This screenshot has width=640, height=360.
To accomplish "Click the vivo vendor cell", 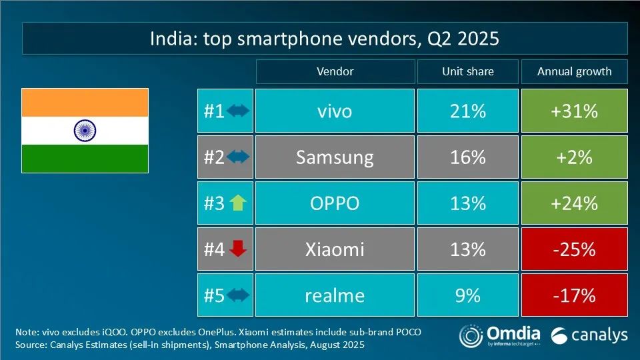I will tap(335, 111).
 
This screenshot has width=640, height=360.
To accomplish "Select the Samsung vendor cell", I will tap(335, 157).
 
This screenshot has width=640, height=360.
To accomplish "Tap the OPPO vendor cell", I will tap(335, 203).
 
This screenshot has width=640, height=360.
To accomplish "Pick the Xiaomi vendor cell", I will tap(335, 249).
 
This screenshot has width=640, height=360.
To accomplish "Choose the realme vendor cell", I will tap(335, 295).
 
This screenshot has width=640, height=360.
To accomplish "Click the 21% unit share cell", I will tap(467, 111).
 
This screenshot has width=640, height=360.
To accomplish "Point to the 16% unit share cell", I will tap(467, 157).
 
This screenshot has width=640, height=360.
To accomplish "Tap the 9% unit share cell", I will tap(467, 295).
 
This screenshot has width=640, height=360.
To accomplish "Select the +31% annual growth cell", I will tap(574, 111).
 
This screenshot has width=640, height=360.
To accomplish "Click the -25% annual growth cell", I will tap(574, 249).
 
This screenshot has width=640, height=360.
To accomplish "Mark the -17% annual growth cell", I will tap(574, 295).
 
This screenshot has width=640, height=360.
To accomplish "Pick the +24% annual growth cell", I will tap(574, 203).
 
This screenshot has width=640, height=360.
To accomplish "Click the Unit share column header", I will tap(467, 71).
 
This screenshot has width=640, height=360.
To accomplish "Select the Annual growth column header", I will tap(574, 71).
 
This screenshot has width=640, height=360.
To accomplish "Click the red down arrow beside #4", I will tap(238, 249).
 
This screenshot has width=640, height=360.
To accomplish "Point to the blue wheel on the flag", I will tap(85, 130).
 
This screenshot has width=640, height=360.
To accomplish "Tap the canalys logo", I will tap(589, 335).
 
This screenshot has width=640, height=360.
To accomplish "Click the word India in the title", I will tap(171, 39).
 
